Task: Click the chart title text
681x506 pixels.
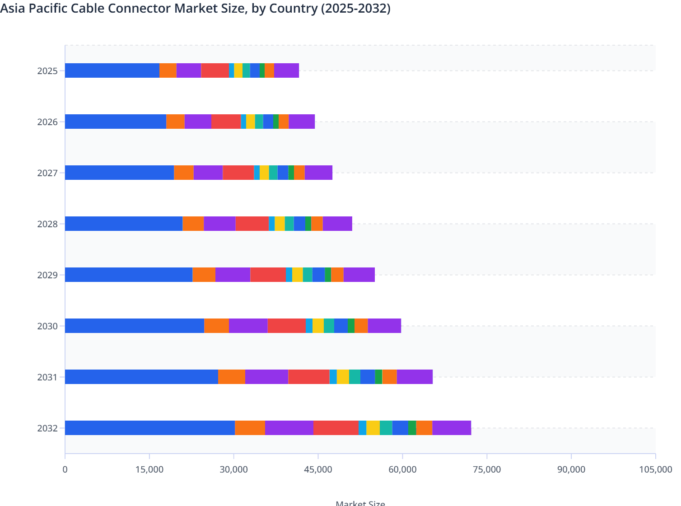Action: [x=195, y=9]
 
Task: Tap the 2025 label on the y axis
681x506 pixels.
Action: [x=47, y=71]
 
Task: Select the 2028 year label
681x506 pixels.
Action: [x=47, y=224]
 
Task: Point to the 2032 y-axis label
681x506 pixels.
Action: [x=47, y=428]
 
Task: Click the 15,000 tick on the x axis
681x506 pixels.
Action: [x=149, y=469]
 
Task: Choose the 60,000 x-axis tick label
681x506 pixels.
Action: [x=402, y=469]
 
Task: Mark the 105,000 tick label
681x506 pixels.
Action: [x=655, y=469]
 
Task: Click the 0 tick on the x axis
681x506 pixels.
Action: [x=65, y=469]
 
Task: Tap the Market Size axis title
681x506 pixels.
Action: [x=360, y=503]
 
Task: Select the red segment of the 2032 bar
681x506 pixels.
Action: [x=336, y=428]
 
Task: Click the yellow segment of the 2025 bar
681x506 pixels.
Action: [x=238, y=70]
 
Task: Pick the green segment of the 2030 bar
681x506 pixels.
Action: [x=351, y=326]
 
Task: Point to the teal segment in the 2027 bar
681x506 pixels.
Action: [x=273, y=173]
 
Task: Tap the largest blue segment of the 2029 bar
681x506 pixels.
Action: [x=129, y=275]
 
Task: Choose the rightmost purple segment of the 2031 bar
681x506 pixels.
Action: [x=415, y=377]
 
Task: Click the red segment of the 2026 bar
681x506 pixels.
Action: [x=226, y=122]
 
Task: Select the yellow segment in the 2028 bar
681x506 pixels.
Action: [x=280, y=224]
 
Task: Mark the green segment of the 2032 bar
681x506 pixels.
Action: [x=412, y=428]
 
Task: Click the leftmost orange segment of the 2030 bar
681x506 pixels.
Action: [x=216, y=326]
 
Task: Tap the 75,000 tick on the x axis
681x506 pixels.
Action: [x=487, y=469]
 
